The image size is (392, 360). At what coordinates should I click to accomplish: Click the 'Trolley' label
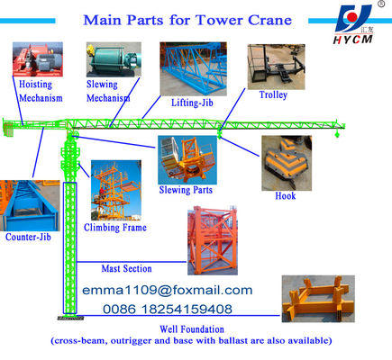point(274,95)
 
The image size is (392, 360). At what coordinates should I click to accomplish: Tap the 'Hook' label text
point(286,195)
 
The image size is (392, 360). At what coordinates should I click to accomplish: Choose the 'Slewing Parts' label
point(186,189)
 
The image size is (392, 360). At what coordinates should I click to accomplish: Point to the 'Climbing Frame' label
point(115,228)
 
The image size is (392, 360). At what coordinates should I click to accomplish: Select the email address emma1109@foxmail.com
point(168,291)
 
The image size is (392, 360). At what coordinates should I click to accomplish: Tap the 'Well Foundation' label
point(191,328)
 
